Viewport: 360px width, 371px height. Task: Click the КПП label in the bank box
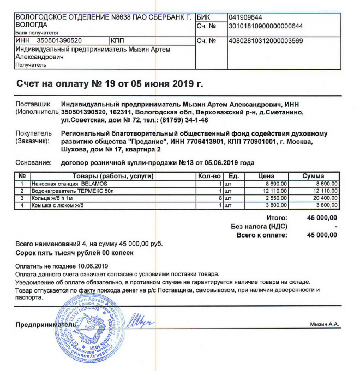pyautogui.click(x=118, y=41)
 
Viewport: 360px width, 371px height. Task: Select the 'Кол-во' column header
pyautogui.click(x=209, y=177)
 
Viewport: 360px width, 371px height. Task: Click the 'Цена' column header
pyautogui.click(x=266, y=177)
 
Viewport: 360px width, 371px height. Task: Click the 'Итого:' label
pyautogui.click(x=277, y=218)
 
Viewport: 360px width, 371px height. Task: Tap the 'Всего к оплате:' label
pyautogui.click(x=261, y=235)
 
